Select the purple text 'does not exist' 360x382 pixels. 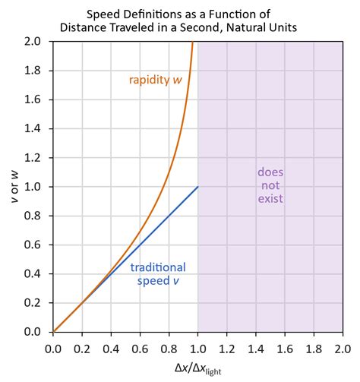click(270, 185)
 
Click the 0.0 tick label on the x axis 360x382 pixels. click(53, 348)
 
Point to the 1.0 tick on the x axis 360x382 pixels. click(197, 348)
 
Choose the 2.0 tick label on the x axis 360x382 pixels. click(342, 348)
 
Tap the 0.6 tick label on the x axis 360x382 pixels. click(140, 348)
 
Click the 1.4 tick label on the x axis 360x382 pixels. click(255, 348)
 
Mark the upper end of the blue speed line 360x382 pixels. click(197, 187)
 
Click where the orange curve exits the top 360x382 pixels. click(192, 43)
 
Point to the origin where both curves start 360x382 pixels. click(53, 332)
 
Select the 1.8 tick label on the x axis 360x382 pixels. click(313, 348)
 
